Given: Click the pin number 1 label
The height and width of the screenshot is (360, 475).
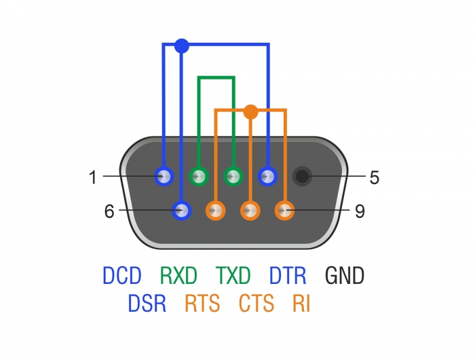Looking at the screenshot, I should pyautogui.click(x=92, y=178).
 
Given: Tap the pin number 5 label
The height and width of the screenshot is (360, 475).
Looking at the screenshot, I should pyautogui.click(x=374, y=178).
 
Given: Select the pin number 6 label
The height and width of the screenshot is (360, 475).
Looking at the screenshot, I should pyautogui.click(x=109, y=211).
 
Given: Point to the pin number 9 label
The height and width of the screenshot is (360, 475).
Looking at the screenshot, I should pyautogui.click(x=360, y=211).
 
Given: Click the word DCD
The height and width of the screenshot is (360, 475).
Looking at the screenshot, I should pyautogui.click(x=122, y=276).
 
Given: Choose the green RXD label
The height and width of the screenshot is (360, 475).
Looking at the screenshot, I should pyautogui.click(x=178, y=276).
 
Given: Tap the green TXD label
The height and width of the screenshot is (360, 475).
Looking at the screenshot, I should pyautogui.click(x=233, y=276).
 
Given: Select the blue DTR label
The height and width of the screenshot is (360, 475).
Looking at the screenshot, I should pyautogui.click(x=288, y=276).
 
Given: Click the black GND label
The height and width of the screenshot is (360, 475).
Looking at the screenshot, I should pyautogui.click(x=345, y=276).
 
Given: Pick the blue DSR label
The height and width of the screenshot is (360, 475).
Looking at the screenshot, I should pyautogui.click(x=147, y=304).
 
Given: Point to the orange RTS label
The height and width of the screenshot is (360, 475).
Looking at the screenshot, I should pyautogui.click(x=202, y=304).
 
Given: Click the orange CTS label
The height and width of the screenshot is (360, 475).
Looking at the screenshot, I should pyautogui.click(x=256, y=304).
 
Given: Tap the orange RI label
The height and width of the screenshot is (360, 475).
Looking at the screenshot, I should pyautogui.click(x=301, y=304).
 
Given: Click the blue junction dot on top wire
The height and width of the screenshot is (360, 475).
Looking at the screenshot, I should pyautogui.click(x=181, y=46).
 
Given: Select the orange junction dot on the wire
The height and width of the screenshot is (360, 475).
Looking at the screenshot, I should pyautogui.click(x=250, y=111).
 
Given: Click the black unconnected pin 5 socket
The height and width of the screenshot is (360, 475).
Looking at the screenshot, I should pyautogui.click(x=302, y=177).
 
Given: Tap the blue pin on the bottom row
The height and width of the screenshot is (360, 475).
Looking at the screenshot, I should pyautogui.click(x=181, y=211).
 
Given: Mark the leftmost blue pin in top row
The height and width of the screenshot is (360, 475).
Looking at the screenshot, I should pyautogui.click(x=164, y=177).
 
